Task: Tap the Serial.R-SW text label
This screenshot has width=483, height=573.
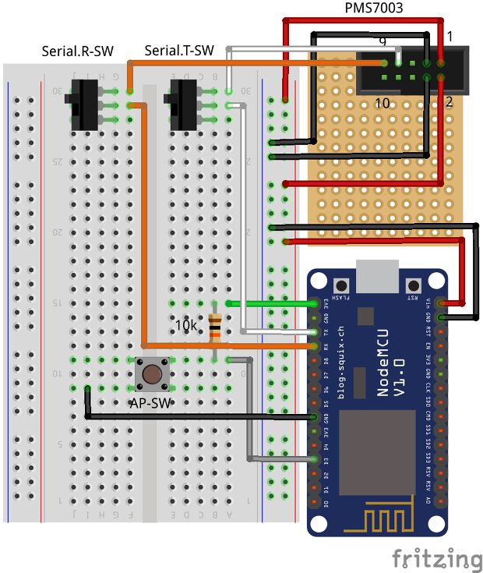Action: point(77,51)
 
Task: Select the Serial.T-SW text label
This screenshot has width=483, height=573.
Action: point(179,51)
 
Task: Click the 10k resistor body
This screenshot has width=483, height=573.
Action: point(214,327)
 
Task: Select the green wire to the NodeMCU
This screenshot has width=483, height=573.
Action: point(270,302)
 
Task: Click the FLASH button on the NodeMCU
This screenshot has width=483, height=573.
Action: point(340,285)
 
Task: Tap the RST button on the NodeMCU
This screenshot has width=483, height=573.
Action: point(413,285)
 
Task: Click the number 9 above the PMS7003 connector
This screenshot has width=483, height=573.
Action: point(382,41)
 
